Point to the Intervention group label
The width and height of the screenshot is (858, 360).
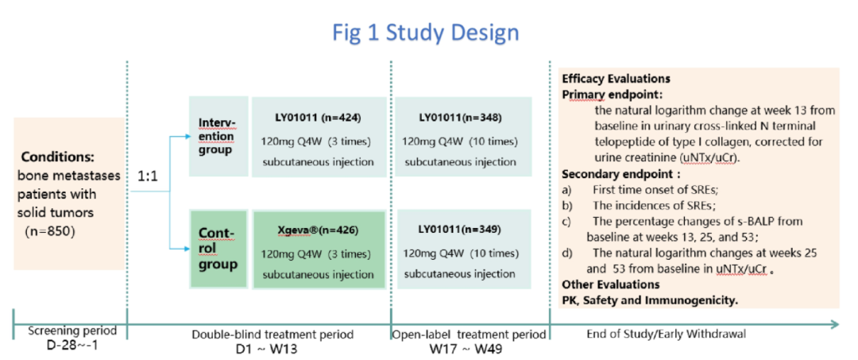pyautogui.click(x=216, y=136)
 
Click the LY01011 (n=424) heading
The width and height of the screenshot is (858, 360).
pyautogui.click(x=315, y=118)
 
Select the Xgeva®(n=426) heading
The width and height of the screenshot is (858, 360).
pyautogui.click(x=318, y=230)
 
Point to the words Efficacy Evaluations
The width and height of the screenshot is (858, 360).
pyautogui.click(x=616, y=79)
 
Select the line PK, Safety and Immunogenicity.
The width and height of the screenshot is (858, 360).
pyautogui.click(x=649, y=300)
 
